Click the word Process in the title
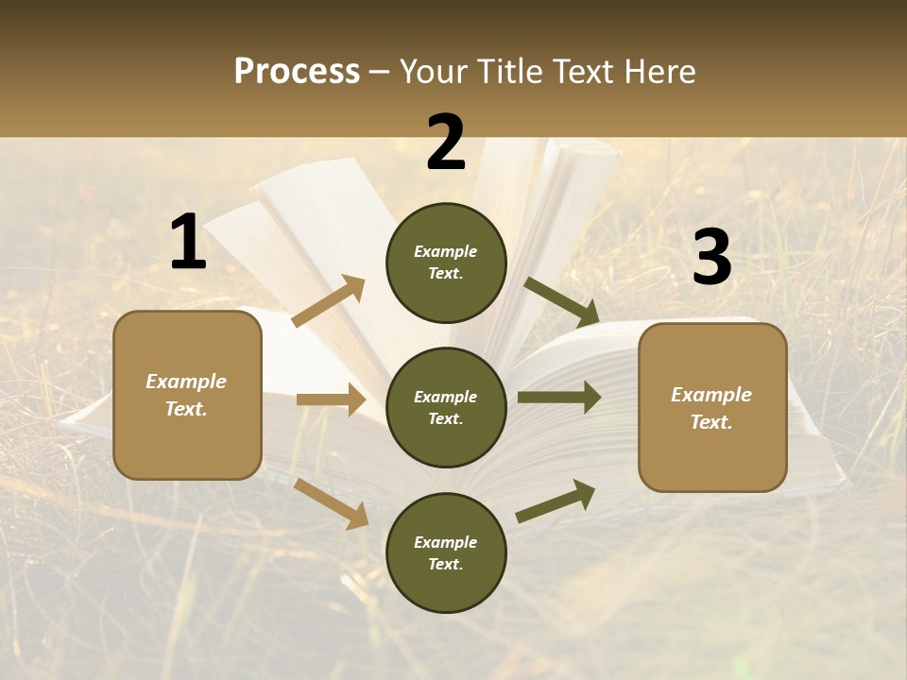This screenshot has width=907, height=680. (297, 72)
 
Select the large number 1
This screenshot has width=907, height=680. (187, 243)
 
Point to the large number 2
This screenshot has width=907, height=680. (446, 143)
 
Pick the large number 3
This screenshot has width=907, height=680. (711, 257)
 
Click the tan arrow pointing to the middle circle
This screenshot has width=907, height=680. (331, 399)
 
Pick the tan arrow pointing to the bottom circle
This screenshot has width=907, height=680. (332, 502)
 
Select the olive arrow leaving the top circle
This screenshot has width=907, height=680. (562, 301)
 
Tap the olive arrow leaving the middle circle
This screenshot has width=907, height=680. (559, 397)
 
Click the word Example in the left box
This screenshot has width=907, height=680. (186, 382)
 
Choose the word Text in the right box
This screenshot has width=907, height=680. (710, 422)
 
